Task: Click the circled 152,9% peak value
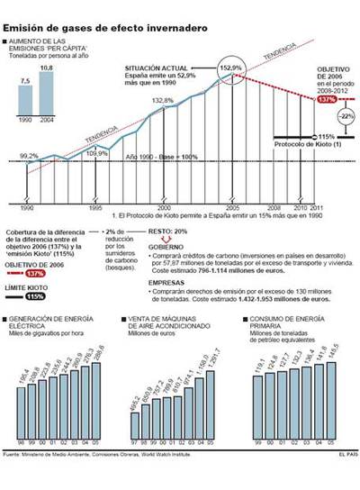click(231, 68)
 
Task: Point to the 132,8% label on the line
click(163, 100)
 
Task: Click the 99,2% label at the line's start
click(29, 156)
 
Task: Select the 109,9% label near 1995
click(97, 153)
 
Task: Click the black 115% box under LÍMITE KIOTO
click(35, 295)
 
